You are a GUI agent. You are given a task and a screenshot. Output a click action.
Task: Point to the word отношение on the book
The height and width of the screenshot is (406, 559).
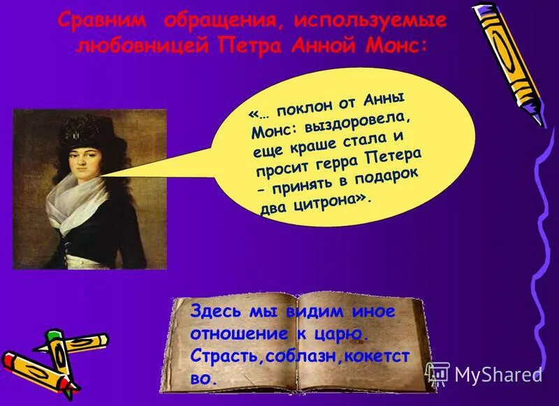coord(235,333)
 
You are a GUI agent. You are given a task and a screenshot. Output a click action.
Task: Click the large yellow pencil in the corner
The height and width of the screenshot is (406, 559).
coord(510,64)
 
